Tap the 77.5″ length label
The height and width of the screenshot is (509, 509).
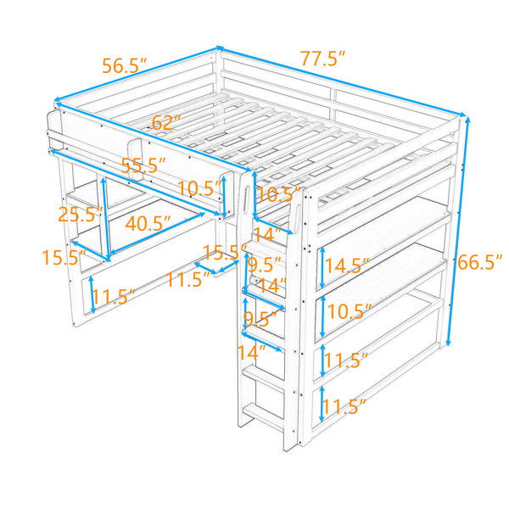pyautogui.click(x=322, y=59)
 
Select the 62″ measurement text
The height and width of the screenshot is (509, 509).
pyautogui.click(x=166, y=122)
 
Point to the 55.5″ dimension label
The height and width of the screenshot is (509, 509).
pyautogui.click(x=144, y=165)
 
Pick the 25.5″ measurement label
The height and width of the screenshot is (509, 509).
pyautogui.click(x=81, y=215)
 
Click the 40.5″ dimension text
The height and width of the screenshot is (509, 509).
pyautogui.click(x=148, y=223)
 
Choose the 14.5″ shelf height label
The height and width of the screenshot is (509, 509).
pyautogui.click(x=347, y=266)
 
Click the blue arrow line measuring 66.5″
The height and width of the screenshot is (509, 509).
pyautogui.click(x=458, y=231)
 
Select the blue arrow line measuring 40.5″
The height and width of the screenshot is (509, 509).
pyautogui.click(x=158, y=233)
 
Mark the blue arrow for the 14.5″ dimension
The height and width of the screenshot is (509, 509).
pyautogui.click(x=322, y=268)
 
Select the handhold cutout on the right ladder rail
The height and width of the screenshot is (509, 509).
pyautogui.click(x=298, y=215)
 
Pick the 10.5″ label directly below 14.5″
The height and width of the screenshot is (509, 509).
pyautogui.click(x=350, y=311)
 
